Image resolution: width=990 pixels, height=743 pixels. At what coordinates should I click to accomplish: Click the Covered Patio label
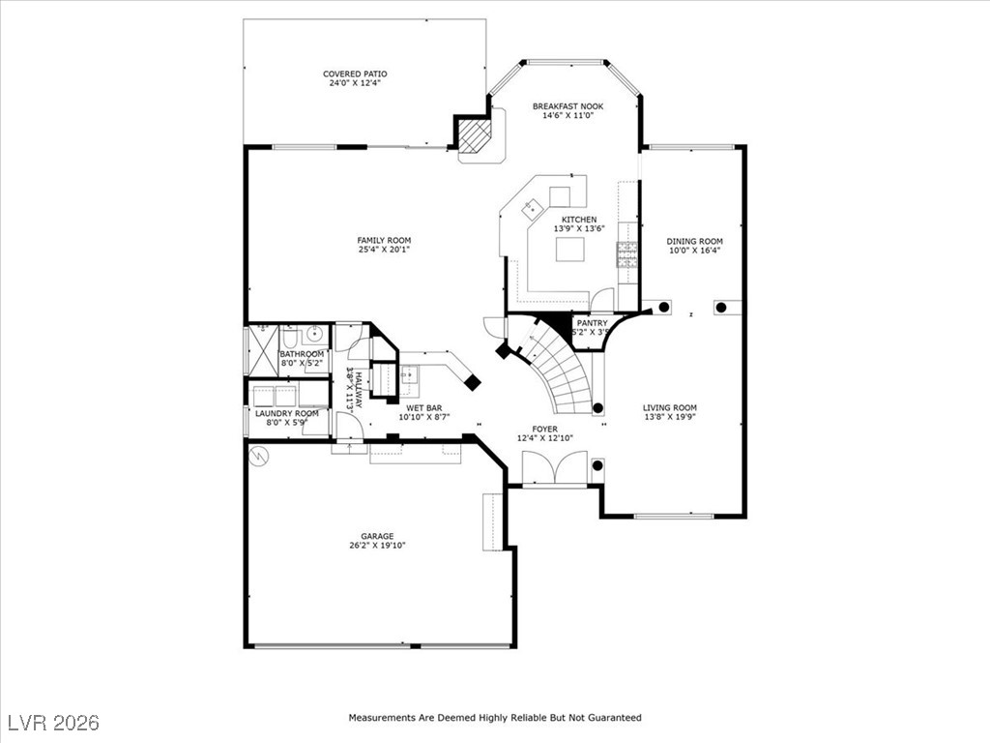click(355, 74)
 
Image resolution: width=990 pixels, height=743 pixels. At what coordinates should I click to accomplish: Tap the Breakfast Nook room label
click(568, 106)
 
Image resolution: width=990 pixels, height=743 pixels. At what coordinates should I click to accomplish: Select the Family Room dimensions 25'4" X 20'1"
click(384, 250)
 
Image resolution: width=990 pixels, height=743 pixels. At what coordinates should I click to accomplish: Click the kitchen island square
click(570, 249)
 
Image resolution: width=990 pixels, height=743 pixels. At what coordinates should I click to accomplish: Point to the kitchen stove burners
click(628, 254)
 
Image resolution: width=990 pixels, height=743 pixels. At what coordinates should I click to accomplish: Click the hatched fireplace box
click(475, 135)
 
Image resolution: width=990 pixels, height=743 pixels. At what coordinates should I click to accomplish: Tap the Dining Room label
click(694, 241)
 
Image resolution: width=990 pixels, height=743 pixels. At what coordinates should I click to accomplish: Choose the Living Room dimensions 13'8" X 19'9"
click(670, 417)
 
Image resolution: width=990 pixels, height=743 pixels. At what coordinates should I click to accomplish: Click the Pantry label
click(593, 323)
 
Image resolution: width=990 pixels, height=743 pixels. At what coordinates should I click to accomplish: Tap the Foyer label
click(545, 430)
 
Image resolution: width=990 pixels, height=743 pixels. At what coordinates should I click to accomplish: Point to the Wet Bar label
click(423, 408)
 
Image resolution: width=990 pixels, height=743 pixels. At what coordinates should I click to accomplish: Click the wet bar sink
click(410, 375)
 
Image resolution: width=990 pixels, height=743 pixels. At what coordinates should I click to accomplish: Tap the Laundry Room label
click(286, 414)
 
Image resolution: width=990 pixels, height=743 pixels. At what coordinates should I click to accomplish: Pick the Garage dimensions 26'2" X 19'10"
click(377, 546)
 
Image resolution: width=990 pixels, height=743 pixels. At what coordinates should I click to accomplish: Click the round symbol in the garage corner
click(258, 456)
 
